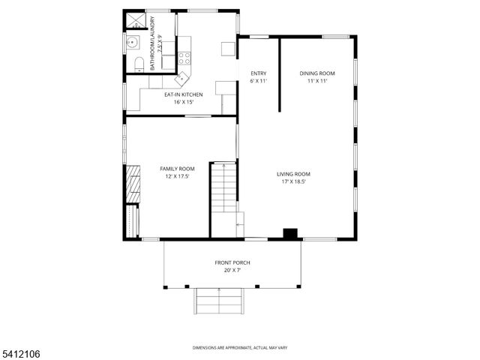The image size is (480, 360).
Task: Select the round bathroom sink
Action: click(x=133, y=42)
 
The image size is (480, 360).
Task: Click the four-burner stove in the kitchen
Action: click(x=186, y=58)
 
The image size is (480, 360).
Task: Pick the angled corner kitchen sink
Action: click(x=182, y=77)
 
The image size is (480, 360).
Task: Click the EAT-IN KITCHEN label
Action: click(x=183, y=94)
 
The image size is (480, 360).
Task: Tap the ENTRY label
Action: click(x=257, y=73)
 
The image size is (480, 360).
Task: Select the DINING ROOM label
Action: click(x=316, y=73)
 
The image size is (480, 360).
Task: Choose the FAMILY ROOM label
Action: click(x=177, y=169)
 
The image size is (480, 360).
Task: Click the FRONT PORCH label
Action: click(x=232, y=262)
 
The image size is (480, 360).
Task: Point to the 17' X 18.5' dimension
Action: click(x=293, y=181)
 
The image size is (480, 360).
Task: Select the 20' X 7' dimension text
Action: click(x=232, y=270)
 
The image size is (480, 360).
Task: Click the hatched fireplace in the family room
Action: click(x=133, y=181)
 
